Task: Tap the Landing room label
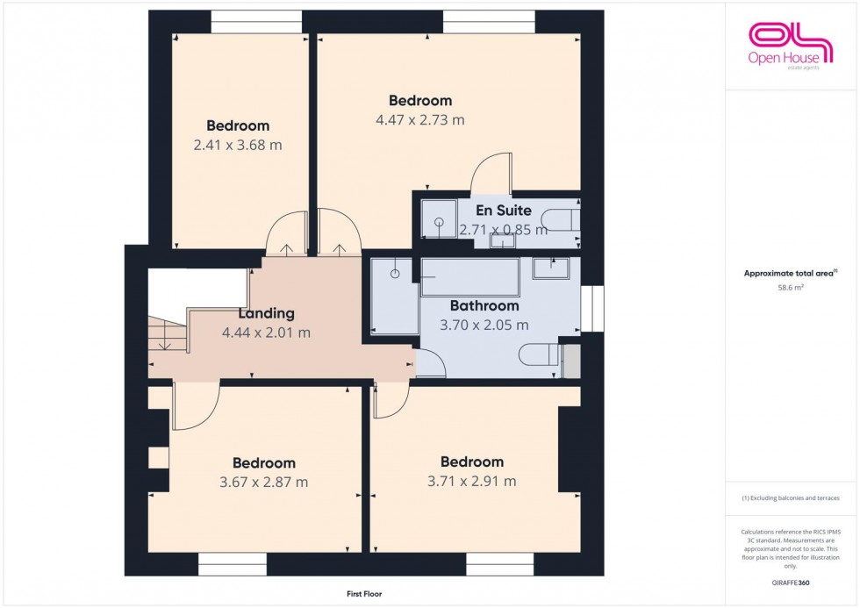266,313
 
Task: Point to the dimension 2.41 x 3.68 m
238,145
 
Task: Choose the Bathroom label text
484,306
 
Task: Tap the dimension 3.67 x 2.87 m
263,482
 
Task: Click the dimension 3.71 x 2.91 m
471,481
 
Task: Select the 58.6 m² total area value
791,286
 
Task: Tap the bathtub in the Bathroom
469,277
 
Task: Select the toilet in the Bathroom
537,355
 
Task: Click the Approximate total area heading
791,273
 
